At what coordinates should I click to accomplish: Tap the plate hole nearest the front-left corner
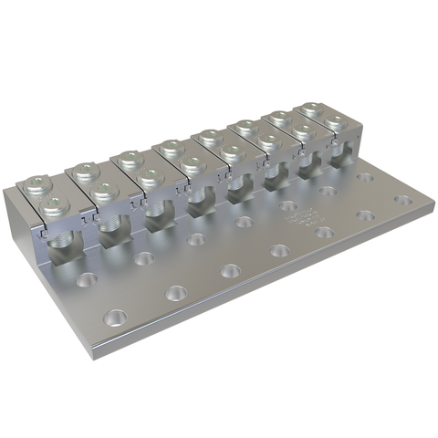tap(115, 318)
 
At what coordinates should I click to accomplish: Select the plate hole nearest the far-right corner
tap(401, 199)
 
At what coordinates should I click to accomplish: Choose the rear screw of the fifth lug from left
tap(207, 138)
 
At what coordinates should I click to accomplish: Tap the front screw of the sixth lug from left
tap(269, 141)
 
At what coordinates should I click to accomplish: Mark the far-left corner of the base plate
tap(7, 193)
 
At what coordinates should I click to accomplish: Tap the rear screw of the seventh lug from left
tap(277, 118)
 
